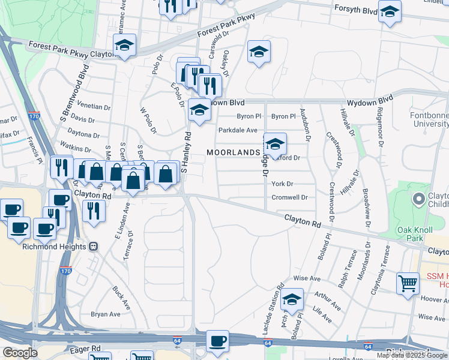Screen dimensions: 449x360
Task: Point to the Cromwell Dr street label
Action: click(289, 197)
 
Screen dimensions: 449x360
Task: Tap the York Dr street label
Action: click(282, 184)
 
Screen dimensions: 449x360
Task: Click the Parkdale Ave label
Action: click(238, 130)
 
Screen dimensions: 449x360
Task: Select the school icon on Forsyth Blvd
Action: click(390, 12)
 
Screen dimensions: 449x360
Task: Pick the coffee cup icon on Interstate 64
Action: click(217, 341)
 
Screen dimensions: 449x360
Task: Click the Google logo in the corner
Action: click(19, 353)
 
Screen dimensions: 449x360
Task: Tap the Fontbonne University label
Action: click(429, 119)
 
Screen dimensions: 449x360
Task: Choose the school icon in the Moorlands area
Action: click(275, 143)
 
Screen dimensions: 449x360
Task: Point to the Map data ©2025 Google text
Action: click(412, 355)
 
